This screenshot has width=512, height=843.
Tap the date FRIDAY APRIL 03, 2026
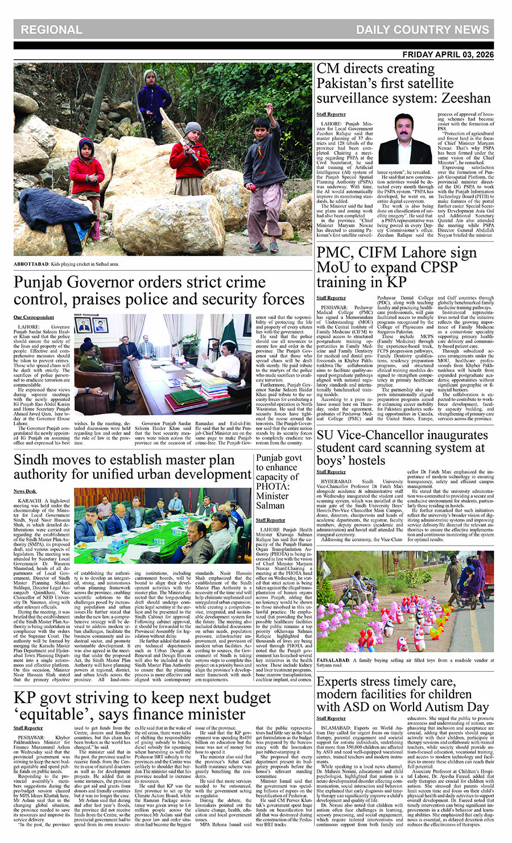coord(448,55)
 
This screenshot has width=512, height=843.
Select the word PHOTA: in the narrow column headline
coord(272,486)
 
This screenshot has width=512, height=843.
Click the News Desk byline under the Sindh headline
coord(25,491)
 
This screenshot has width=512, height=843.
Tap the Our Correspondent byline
coord(34,317)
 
